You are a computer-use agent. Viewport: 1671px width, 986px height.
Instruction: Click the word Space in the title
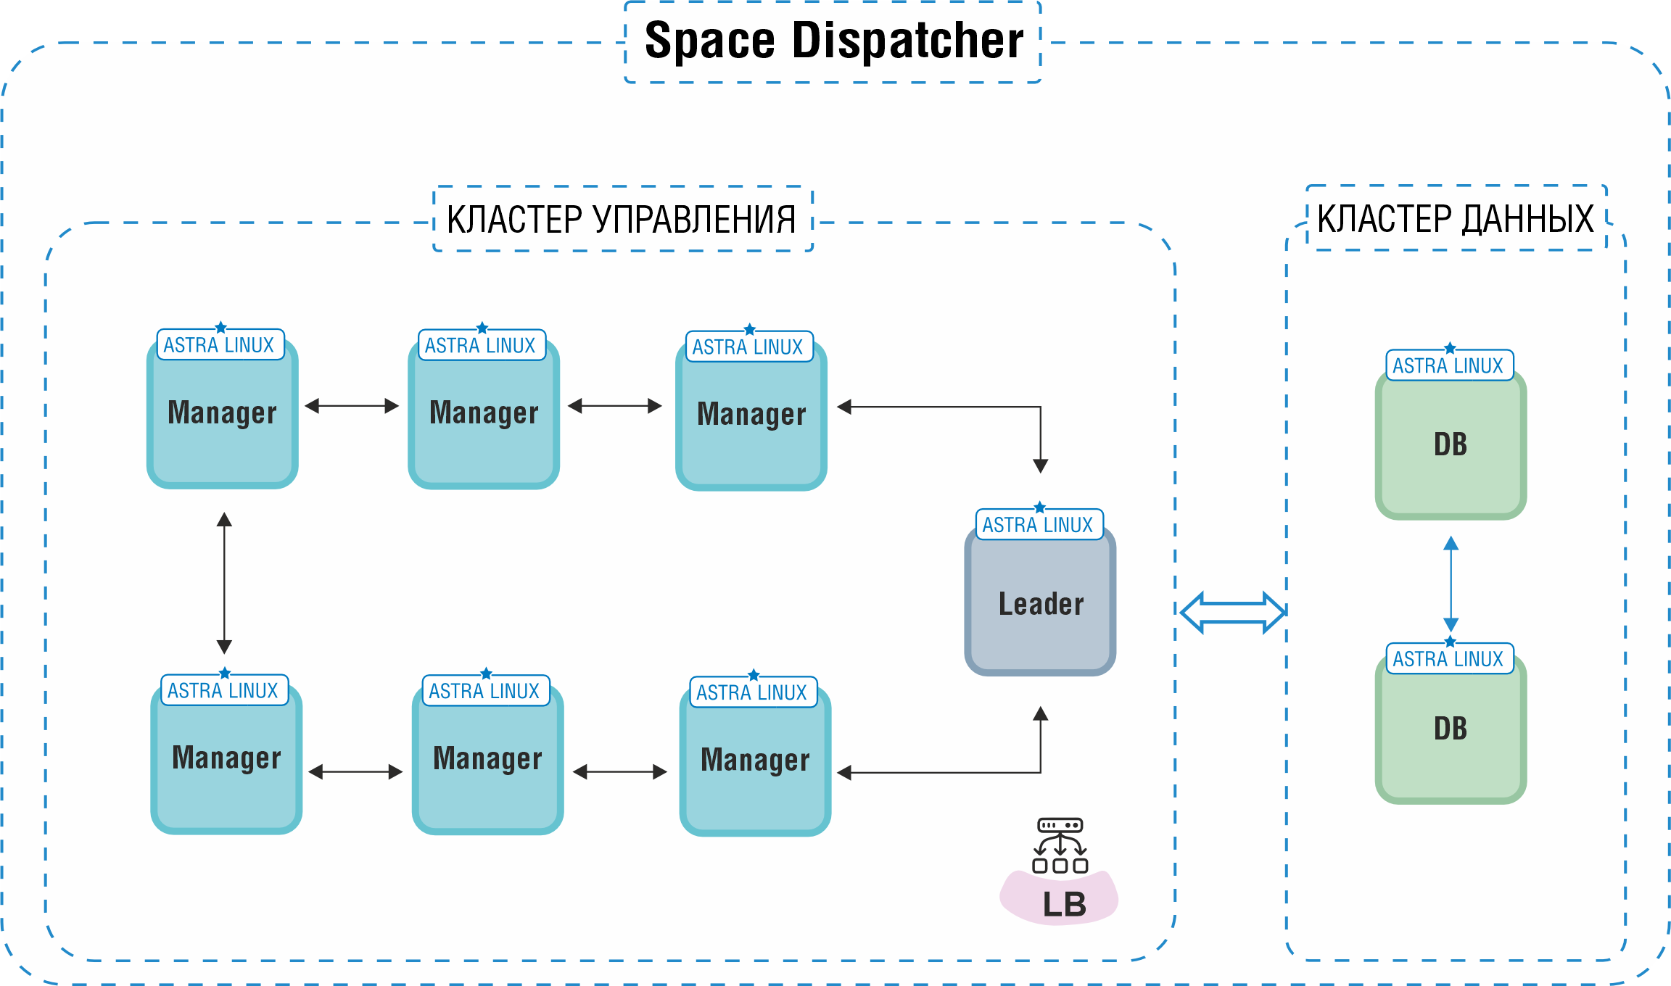(x=709, y=41)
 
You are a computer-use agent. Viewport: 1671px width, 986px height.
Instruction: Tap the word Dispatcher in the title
(x=907, y=41)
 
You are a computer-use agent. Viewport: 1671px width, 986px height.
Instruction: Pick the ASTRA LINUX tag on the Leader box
(x=1038, y=525)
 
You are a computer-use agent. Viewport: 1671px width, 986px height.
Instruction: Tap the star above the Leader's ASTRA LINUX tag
(x=1039, y=507)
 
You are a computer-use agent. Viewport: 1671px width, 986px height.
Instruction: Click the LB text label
(x=1064, y=904)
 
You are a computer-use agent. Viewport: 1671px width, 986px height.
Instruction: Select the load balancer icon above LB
(x=1060, y=845)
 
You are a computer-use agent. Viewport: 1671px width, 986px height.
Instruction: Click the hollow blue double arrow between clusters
(x=1232, y=613)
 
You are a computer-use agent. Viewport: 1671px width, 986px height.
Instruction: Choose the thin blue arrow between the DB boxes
(x=1451, y=584)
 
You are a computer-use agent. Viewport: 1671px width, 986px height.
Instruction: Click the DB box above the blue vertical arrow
(x=1451, y=444)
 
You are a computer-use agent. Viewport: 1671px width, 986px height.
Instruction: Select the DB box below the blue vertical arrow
(x=1451, y=729)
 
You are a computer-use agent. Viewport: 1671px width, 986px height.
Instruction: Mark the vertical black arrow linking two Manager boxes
(x=224, y=583)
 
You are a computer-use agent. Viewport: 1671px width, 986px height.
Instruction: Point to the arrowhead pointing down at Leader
(x=1040, y=465)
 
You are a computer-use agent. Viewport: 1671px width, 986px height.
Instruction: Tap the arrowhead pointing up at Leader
(x=1040, y=714)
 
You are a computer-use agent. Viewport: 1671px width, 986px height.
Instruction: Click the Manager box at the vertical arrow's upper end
(x=222, y=413)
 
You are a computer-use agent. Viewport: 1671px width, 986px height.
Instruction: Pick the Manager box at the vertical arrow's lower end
(x=226, y=758)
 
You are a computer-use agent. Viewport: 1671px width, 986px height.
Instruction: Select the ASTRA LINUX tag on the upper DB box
(x=1448, y=366)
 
